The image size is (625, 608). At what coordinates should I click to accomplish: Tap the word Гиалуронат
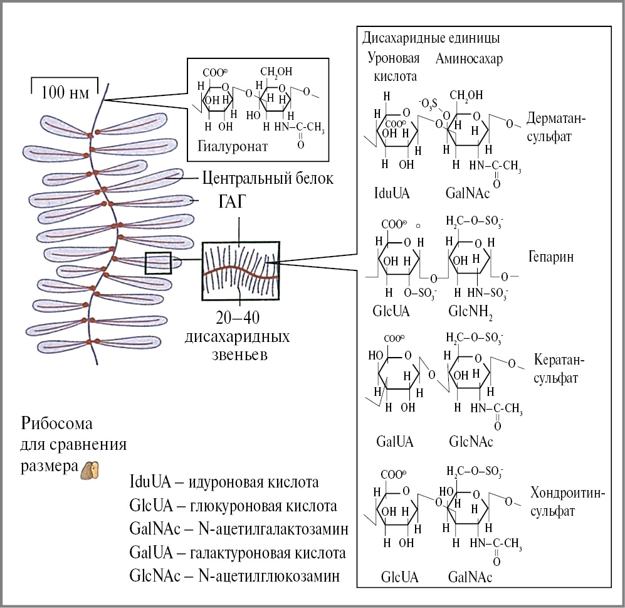[x=228, y=146]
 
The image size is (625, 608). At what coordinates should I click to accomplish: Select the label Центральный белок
[x=267, y=178]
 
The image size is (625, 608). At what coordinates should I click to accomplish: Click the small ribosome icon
[x=90, y=470]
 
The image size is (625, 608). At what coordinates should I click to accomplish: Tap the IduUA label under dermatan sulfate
[x=392, y=193]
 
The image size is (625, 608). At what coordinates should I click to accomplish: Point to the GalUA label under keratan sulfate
[x=395, y=441]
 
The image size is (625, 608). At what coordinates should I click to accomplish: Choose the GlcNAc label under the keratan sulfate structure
[x=471, y=441]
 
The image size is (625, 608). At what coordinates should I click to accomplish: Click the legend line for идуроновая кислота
[x=224, y=483]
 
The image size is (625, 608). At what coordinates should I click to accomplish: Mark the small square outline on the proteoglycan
[x=158, y=262]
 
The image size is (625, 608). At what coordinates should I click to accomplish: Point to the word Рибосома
[x=56, y=421]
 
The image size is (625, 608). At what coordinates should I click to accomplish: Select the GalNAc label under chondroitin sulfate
[x=470, y=577]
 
